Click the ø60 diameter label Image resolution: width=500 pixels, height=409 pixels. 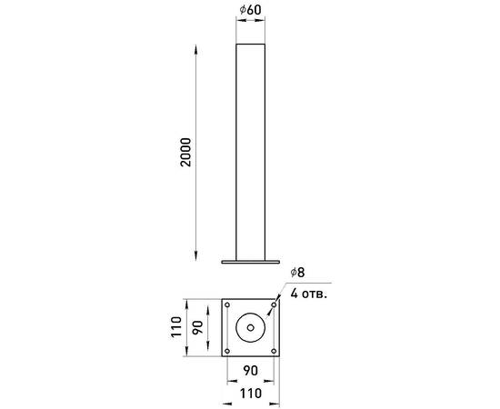click(250, 10)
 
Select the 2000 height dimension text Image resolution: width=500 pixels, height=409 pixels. click(185, 153)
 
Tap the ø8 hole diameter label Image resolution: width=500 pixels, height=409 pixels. click(297, 273)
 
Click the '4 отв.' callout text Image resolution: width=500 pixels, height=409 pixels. click(309, 294)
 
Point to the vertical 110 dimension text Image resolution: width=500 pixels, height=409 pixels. click(176, 327)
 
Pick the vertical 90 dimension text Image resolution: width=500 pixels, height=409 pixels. click(197, 327)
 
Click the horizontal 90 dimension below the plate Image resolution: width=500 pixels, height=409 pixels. click(251, 371)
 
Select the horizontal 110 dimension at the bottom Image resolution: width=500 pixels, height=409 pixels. click(251, 394)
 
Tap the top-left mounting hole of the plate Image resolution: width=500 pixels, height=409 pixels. click(227, 305)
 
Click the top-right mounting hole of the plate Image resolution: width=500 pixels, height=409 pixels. click(274, 305)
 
